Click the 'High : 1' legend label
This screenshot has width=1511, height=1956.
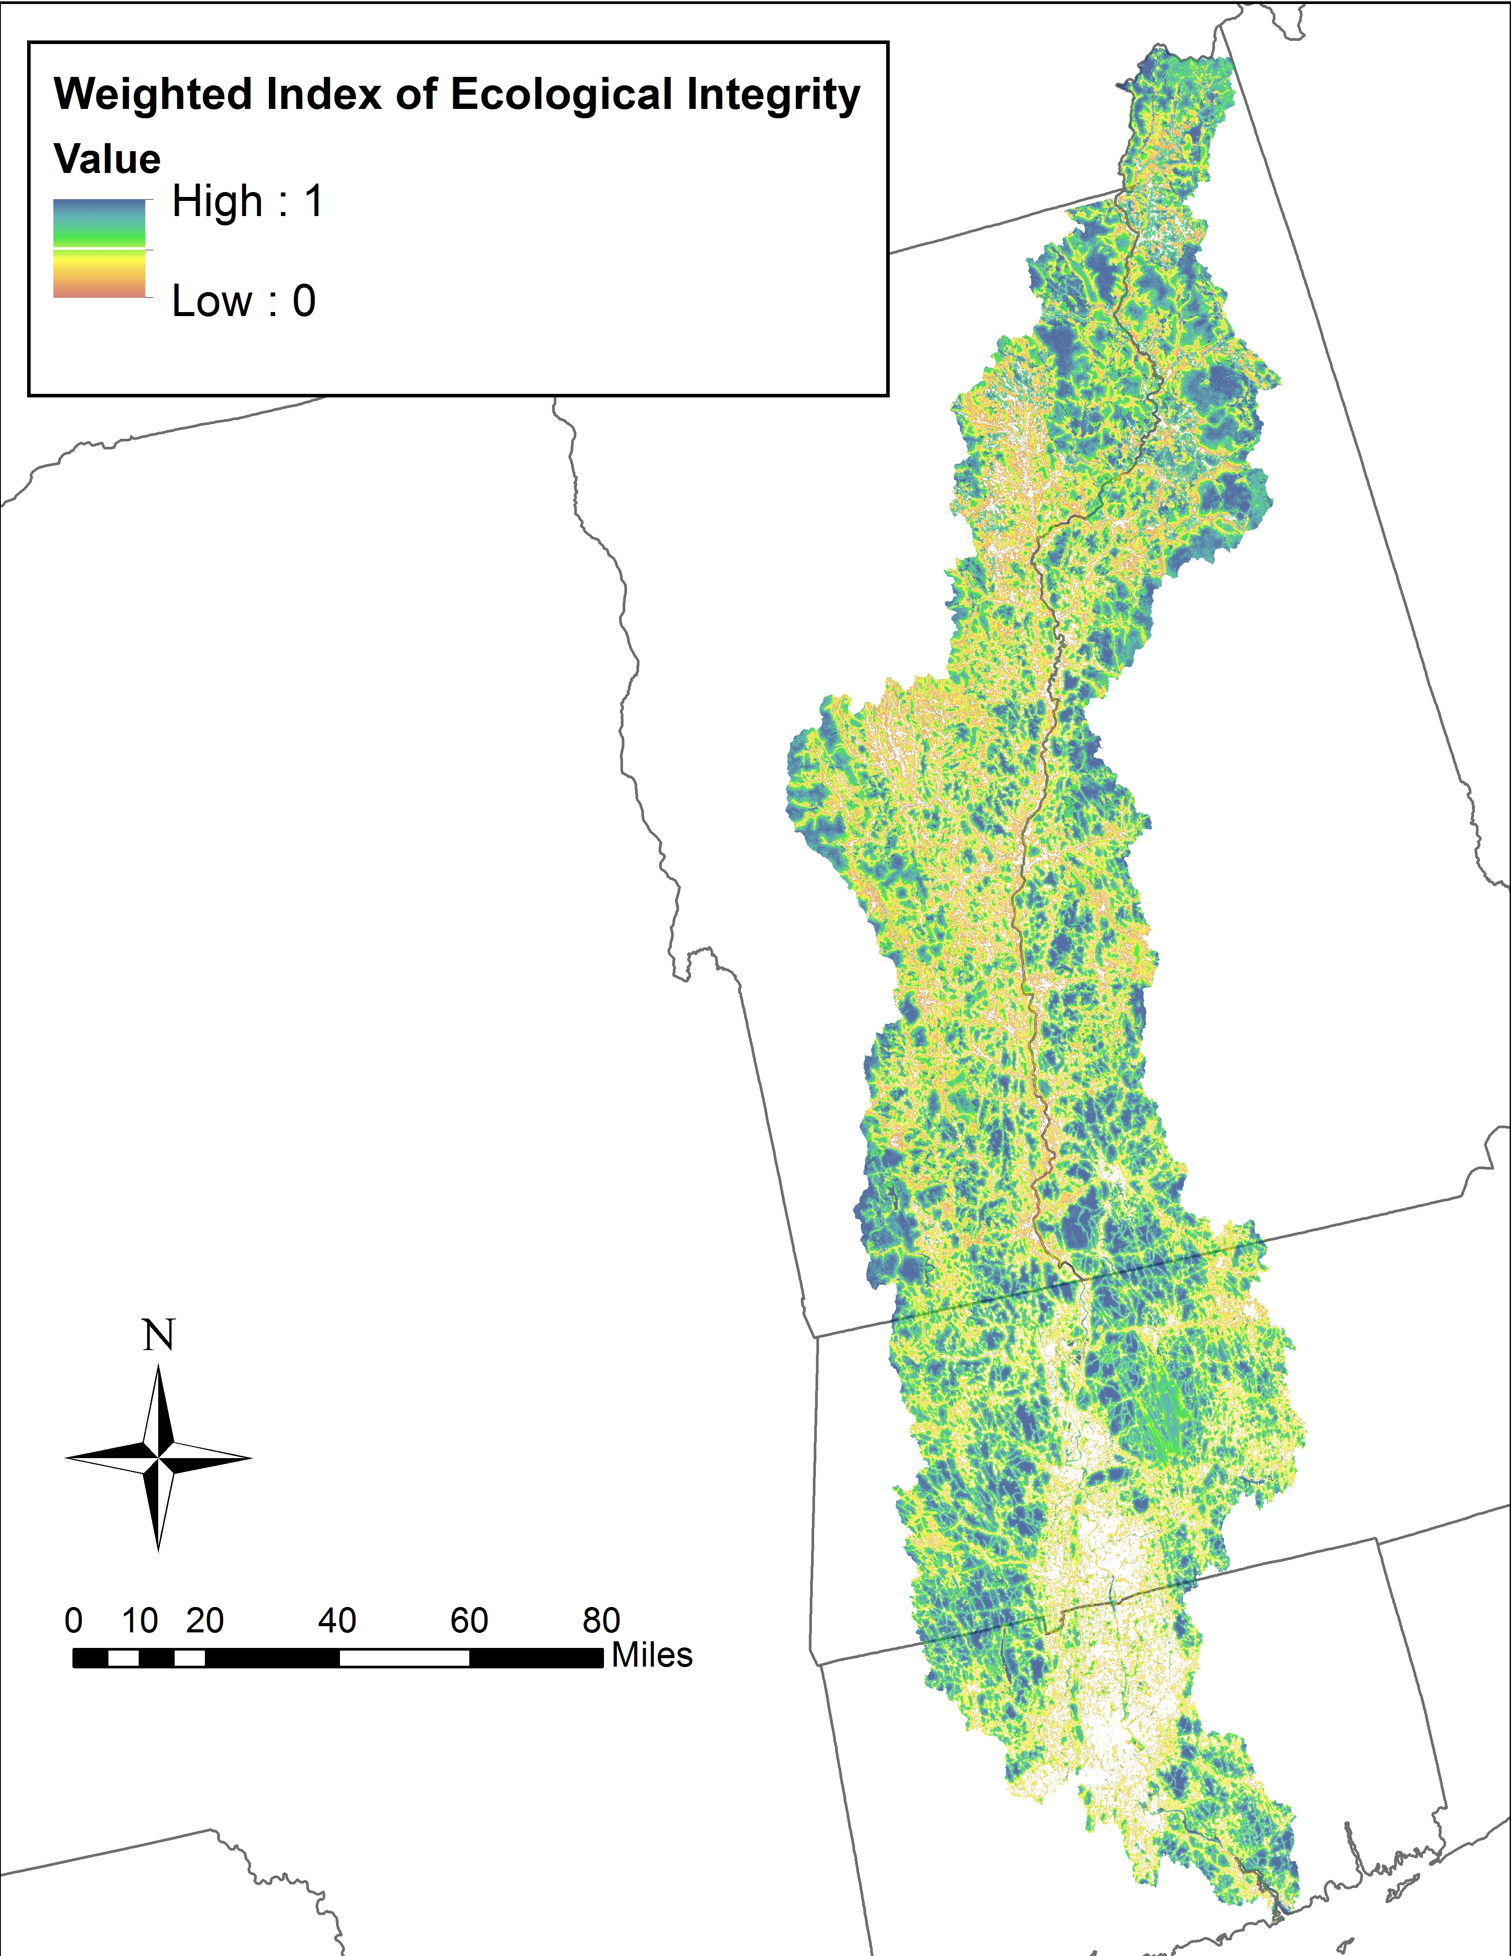(x=247, y=201)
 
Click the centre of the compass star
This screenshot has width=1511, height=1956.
(x=159, y=1458)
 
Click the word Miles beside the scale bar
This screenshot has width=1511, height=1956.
(x=652, y=1655)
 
